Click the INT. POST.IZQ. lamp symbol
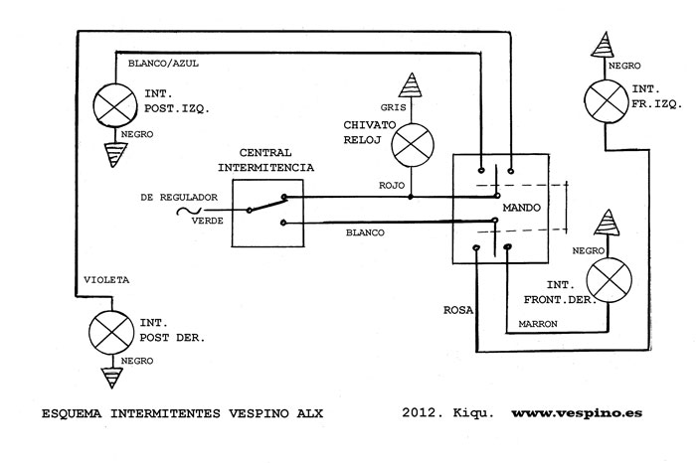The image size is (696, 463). (x=115, y=105)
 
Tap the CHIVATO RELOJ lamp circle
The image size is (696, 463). (x=413, y=145)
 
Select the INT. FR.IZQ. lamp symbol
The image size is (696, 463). (x=606, y=102)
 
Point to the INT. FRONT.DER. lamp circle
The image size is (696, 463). (x=609, y=280)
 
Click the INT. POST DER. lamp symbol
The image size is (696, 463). (x=111, y=332)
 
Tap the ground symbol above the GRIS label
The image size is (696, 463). (x=411, y=85)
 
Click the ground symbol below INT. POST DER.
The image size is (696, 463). (x=111, y=378)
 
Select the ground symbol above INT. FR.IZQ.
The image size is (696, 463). (x=604, y=45)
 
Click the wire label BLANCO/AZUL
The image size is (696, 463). (x=163, y=64)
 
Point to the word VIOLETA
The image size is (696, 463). (x=106, y=280)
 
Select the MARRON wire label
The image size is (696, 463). (x=538, y=324)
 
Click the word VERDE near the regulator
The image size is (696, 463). (x=207, y=221)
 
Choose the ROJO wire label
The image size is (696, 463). (x=392, y=186)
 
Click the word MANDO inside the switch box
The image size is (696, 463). (x=522, y=208)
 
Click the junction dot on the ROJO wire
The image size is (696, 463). (x=411, y=197)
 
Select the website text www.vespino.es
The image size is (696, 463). (x=577, y=413)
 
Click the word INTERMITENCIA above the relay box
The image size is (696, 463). (x=265, y=168)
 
